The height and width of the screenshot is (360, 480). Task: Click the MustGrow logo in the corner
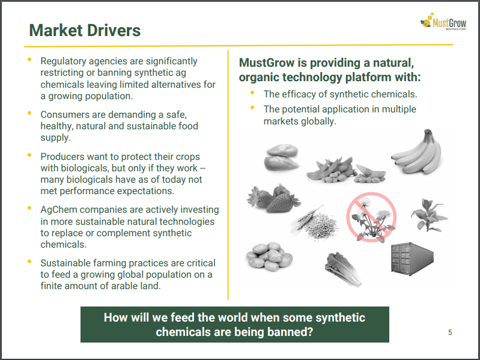click(443, 22)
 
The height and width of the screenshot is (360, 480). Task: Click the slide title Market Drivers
click(85, 30)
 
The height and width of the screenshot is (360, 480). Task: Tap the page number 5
click(450, 332)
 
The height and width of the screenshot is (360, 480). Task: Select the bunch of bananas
click(418, 152)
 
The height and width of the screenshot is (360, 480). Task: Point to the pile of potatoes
click(269, 257)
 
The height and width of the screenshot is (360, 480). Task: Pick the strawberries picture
click(273, 198)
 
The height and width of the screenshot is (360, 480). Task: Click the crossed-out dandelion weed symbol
click(371, 217)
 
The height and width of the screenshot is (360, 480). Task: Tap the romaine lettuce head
click(343, 269)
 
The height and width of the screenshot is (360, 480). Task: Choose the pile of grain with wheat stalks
click(314, 223)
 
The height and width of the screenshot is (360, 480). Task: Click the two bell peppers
click(281, 157)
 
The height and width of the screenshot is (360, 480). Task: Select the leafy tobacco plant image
click(429, 215)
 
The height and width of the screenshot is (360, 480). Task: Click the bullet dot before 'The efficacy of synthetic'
click(252, 92)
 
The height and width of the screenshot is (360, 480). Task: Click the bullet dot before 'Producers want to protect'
click(29, 155)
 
